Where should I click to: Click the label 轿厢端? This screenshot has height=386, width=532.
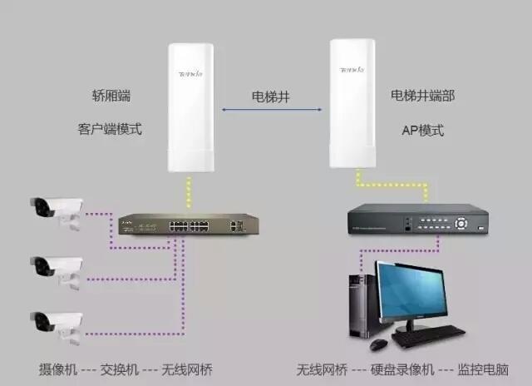(x=111, y=96)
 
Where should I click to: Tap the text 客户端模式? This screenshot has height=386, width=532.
(x=110, y=129)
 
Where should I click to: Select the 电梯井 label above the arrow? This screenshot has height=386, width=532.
(x=271, y=96)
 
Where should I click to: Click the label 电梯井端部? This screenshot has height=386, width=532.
(x=422, y=96)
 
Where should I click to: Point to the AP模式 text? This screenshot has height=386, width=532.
(x=423, y=131)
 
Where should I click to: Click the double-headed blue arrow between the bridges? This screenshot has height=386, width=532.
(x=272, y=109)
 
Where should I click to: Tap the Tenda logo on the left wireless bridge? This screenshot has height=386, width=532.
(x=190, y=73)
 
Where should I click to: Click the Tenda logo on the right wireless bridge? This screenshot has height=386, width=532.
(x=352, y=70)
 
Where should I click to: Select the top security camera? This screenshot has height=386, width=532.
(x=57, y=212)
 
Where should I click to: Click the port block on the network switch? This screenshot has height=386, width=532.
(x=189, y=226)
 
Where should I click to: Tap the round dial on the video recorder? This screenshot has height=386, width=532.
(x=461, y=224)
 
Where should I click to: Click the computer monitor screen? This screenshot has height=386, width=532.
(x=412, y=291)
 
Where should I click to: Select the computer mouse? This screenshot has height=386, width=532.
(x=379, y=344)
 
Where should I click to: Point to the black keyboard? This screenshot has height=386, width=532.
(x=429, y=335)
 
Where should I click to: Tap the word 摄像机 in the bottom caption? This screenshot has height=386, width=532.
(x=58, y=369)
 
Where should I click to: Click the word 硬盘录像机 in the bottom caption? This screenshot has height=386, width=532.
(x=402, y=369)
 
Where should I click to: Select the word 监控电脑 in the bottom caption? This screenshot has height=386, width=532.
(x=483, y=369)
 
